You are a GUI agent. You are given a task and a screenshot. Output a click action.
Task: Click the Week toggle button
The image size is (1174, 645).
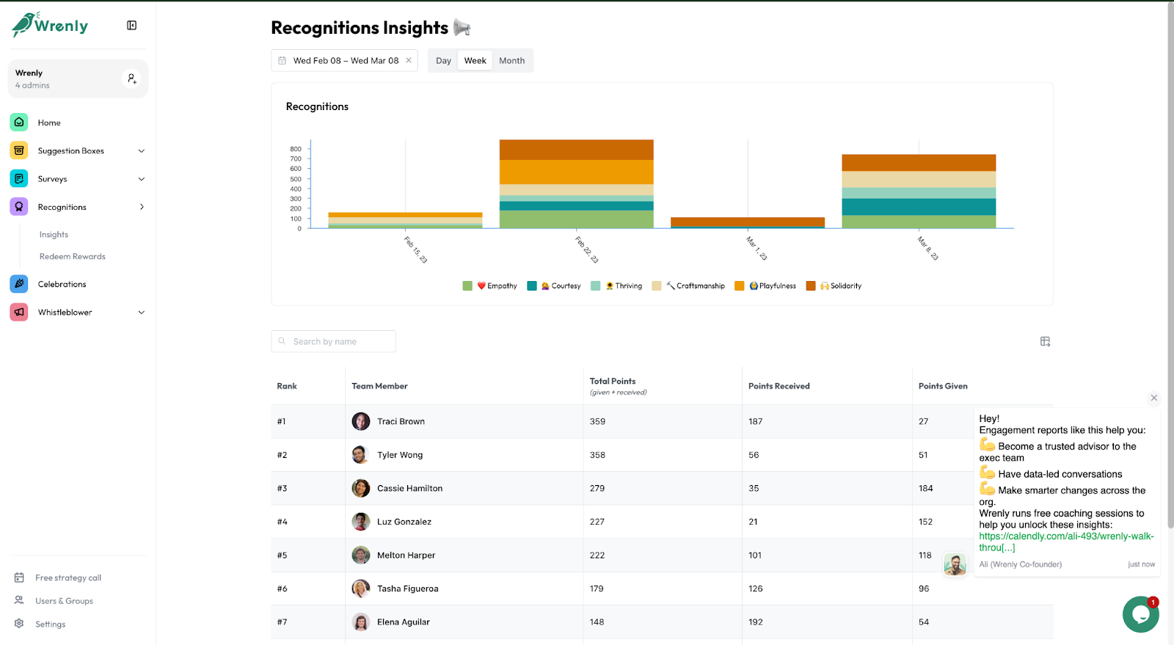coord(475,61)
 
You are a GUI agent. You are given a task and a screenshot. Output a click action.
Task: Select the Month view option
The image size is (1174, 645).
coord(511,61)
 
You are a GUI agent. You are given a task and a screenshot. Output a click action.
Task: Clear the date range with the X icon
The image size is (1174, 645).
coord(409,61)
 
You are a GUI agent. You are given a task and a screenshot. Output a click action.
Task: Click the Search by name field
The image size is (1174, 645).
coord(334,341)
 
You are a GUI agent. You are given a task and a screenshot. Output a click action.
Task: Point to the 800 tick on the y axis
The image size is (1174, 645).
coord(296,149)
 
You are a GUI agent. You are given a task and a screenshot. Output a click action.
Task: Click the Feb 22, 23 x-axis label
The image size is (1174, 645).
coord(586,250)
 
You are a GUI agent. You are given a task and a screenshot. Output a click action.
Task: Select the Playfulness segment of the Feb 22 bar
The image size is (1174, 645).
coord(576,172)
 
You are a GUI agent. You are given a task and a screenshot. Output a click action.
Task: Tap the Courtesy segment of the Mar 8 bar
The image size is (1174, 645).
coord(918,207)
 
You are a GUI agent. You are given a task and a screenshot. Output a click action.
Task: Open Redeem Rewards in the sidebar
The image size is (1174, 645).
coord(72,257)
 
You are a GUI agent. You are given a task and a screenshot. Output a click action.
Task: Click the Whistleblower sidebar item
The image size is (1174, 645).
coord(65,313)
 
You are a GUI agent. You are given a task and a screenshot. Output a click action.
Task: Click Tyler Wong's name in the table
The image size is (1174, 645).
coord(400,455)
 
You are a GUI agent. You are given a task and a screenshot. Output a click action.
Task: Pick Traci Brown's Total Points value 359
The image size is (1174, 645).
coord(597,422)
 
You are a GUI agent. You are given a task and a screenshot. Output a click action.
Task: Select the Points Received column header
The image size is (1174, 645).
coord(779,386)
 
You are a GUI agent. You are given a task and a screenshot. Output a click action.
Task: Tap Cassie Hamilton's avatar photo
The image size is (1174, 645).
coord(361,488)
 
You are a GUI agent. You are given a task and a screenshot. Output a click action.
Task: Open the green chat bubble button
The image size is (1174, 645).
coord(1140,614)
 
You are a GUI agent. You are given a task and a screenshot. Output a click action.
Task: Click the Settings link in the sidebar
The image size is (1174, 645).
coord(50,624)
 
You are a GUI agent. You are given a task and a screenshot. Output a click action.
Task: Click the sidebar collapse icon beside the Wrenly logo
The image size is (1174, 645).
coord(131,26)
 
